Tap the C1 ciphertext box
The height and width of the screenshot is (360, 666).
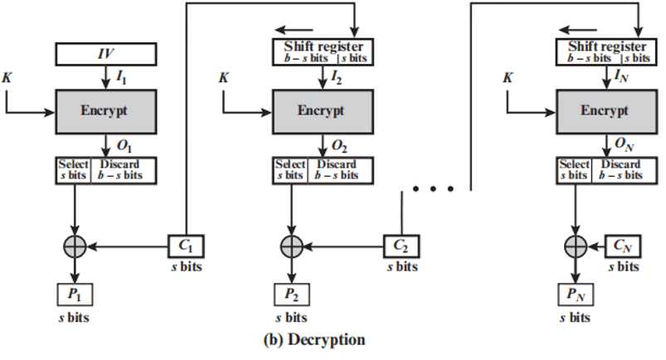pos(187,246)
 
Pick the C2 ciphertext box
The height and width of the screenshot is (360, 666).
pos(402,246)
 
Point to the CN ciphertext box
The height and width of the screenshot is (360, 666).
pos(621,246)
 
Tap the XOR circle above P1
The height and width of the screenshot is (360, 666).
pos(75,246)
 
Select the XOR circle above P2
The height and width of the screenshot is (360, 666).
pos(291,246)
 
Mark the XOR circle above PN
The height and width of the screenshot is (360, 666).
pos(575,246)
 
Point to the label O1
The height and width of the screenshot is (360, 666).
pos(124,146)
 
